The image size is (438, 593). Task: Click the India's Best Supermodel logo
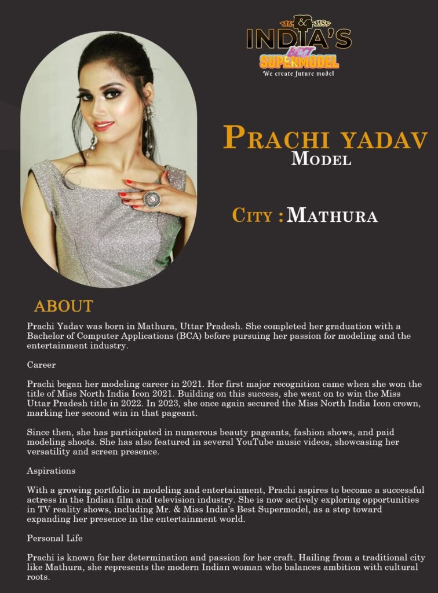tap(298, 43)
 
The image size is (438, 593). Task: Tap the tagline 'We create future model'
tap(298, 74)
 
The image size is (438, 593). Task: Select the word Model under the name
tap(321, 159)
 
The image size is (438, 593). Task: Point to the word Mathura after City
tap(332, 216)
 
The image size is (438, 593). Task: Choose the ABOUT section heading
tap(63, 306)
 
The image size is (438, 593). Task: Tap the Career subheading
tap(41, 365)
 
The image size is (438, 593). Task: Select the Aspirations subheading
tap(51, 471)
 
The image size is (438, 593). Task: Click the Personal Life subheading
tap(54, 538)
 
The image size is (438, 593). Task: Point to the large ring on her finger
tap(151, 199)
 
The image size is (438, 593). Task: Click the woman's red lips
tap(104, 126)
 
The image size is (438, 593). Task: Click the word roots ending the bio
tap(38, 577)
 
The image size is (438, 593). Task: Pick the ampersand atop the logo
tap(301, 22)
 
